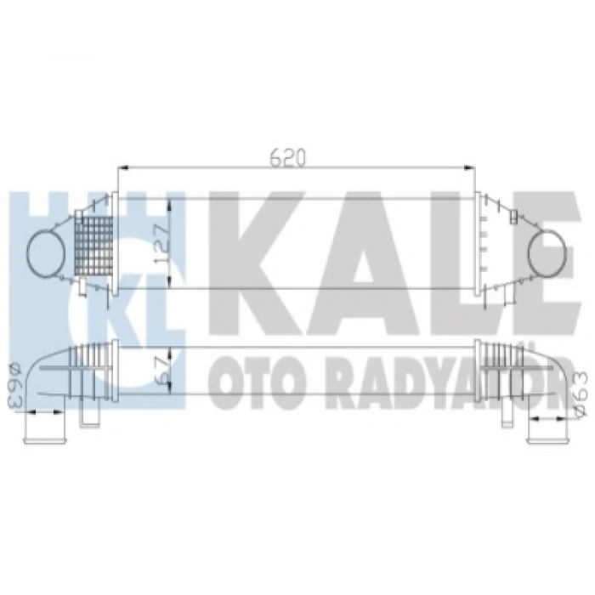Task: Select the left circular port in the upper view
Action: click(45, 253)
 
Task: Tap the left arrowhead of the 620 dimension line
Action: click(121, 168)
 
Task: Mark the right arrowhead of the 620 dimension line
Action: click(471, 168)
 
